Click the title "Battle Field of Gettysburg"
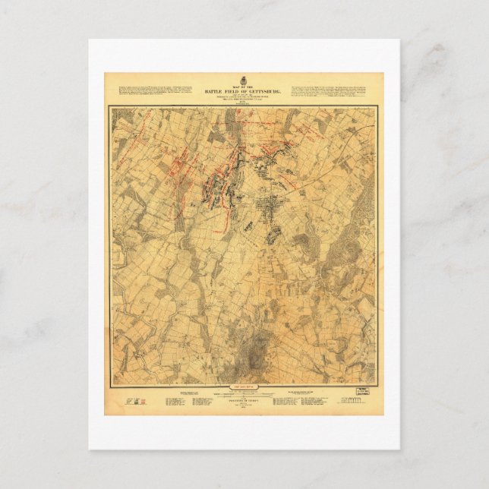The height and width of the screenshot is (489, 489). coord(244,90)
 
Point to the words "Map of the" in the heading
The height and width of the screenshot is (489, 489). coord(244,86)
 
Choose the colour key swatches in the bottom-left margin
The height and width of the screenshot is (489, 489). coord(134,399)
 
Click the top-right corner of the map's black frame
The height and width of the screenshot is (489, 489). coord(377,107)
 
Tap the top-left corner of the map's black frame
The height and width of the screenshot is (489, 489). coord(110,107)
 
